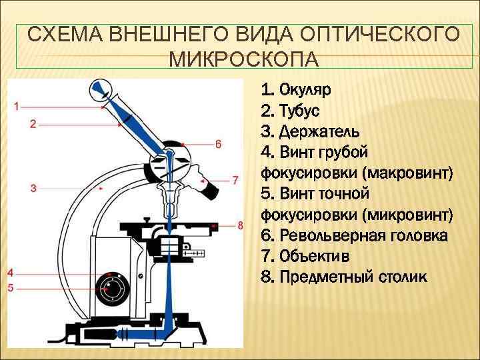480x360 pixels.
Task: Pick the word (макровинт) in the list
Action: pos(408,173)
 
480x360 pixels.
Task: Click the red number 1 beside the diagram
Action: pos(17,105)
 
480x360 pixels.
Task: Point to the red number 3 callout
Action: pos(33,189)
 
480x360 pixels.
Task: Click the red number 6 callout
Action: pos(218,143)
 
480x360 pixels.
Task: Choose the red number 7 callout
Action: pos(235,179)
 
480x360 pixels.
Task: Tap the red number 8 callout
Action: pos(241,225)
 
